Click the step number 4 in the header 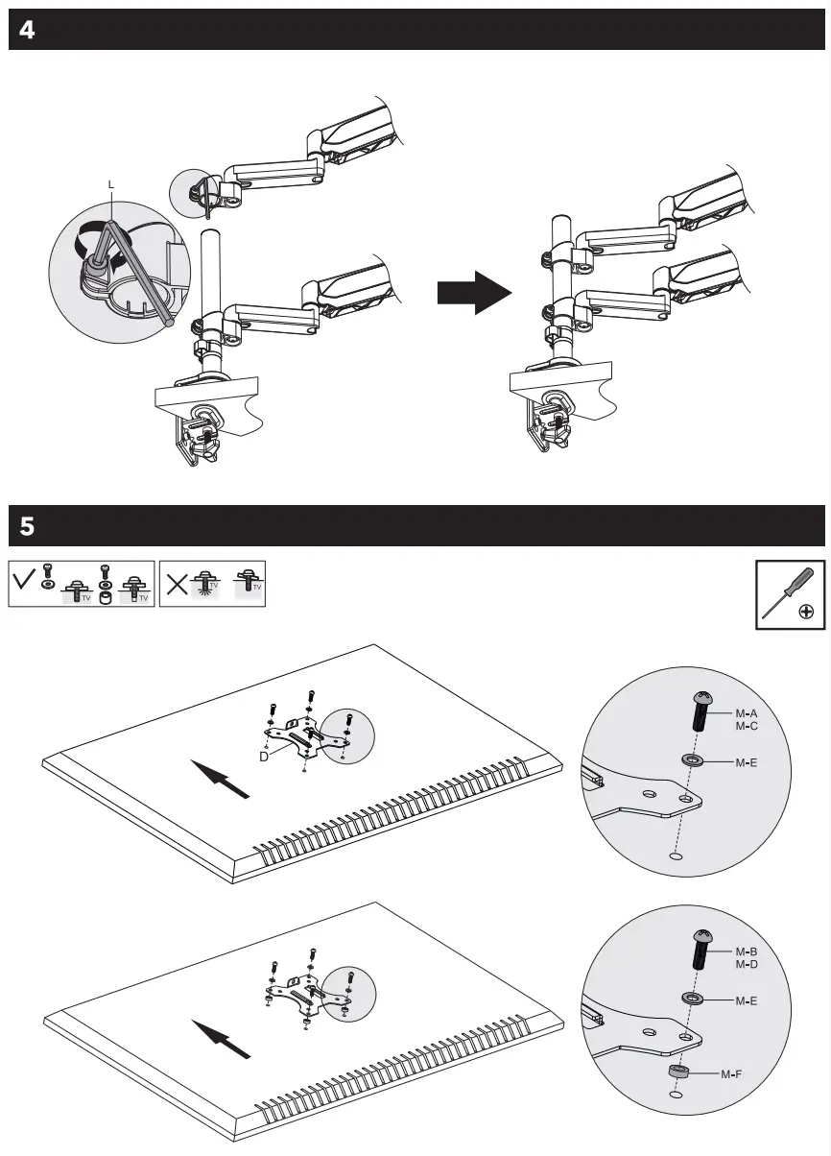tap(27, 31)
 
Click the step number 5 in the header tap(27, 526)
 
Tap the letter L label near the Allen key tap(111, 183)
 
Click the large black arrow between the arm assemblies tap(474, 291)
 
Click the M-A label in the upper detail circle tap(747, 714)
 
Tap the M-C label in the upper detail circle tap(747, 727)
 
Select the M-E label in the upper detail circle tap(747, 762)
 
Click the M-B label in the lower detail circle tap(747, 951)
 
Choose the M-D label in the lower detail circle tap(747, 963)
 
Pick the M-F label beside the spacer tap(732, 1074)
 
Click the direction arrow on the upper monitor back tap(221, 779)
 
